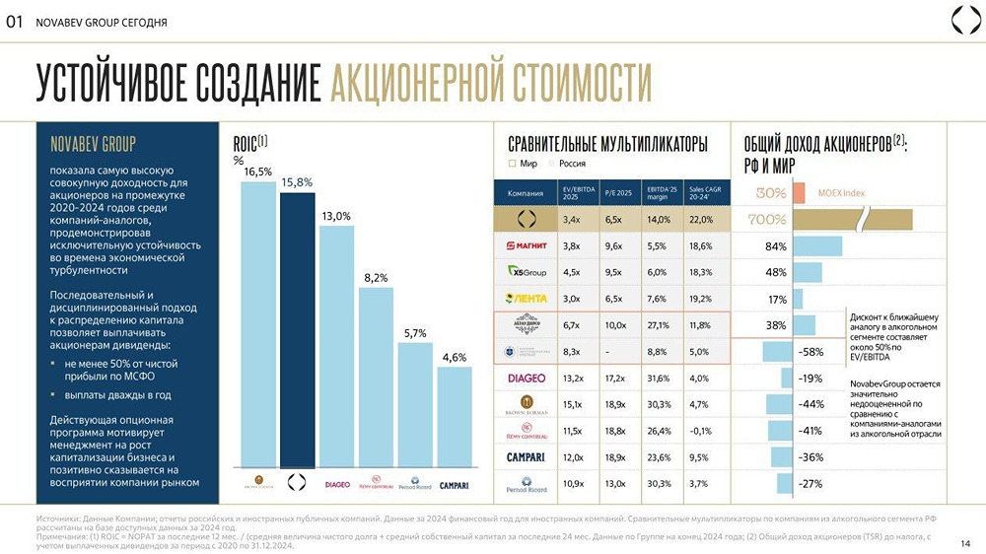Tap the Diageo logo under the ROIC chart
coord(337,484)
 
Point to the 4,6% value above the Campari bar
coord(454,357)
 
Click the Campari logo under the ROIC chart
coord(454,484)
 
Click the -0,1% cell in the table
coord(702,431)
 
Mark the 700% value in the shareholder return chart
coord(767,219)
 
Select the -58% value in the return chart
coord(811,351)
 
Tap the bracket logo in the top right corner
coord(963,20)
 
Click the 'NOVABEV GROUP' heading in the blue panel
coord(93,144)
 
